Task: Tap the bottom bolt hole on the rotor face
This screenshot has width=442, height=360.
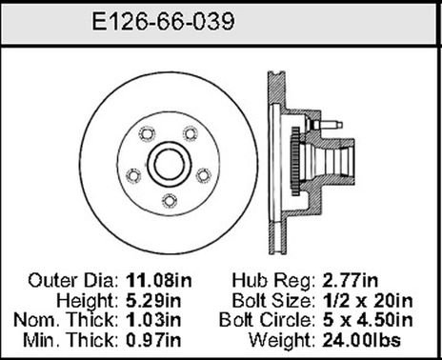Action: point(169,200)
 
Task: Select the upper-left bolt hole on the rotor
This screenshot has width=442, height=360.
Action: point(146,131)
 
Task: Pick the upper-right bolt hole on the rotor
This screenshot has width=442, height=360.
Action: point(191,131)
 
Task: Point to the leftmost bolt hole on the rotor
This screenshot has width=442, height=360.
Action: point(132,174)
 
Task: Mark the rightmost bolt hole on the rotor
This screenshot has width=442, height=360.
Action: point(204,173)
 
